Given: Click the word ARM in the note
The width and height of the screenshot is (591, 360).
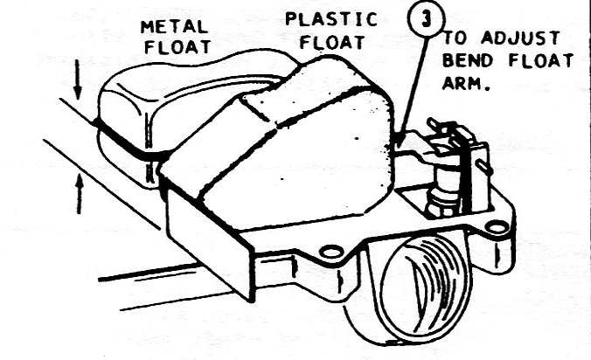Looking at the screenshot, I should (465, 83).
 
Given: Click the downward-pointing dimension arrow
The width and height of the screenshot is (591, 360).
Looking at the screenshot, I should (79, 84).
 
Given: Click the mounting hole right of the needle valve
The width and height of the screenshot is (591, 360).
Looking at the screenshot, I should (497, 228).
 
